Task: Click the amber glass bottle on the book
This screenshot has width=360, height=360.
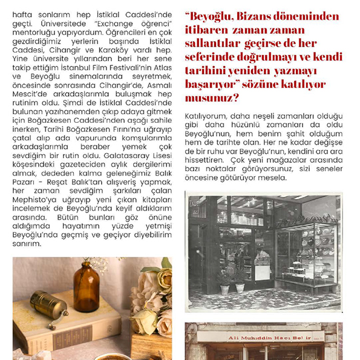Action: click(x=86, y=287)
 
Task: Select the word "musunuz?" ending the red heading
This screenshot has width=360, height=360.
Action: click(x=214, y=97)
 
